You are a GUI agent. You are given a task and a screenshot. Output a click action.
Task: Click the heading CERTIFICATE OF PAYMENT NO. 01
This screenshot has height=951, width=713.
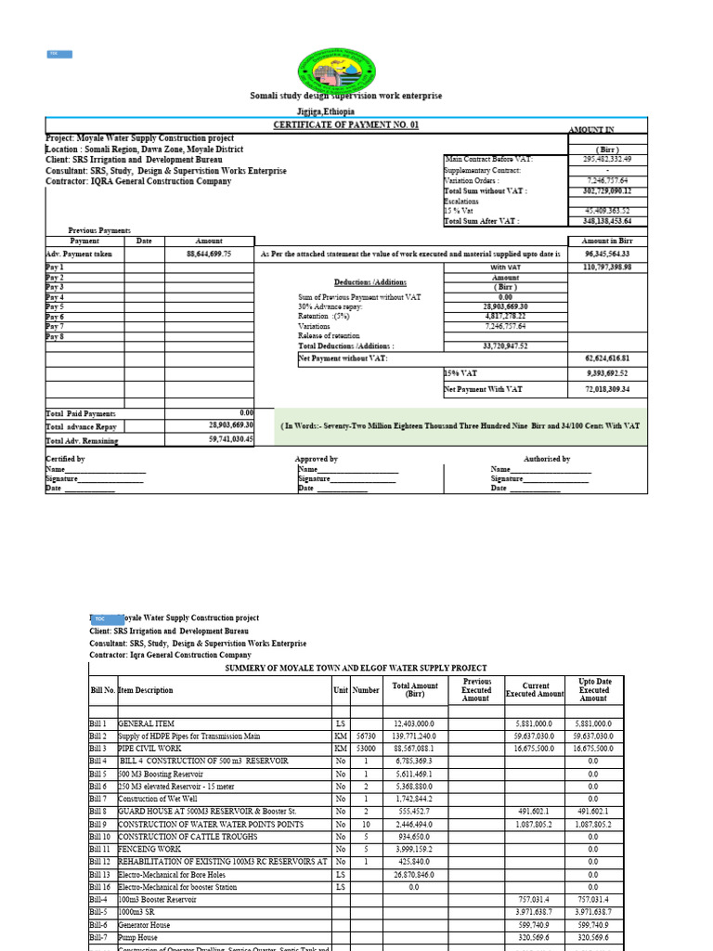coord(345,124)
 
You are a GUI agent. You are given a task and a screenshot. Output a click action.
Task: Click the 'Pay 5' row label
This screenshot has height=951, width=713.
coord(55,306)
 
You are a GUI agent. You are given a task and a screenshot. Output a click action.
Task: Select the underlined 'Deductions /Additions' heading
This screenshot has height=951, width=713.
coord(370,281)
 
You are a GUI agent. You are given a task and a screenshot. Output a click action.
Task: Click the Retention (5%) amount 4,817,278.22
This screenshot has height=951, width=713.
coord(505,317)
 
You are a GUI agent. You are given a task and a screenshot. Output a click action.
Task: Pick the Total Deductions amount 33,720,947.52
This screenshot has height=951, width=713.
coord(505,345)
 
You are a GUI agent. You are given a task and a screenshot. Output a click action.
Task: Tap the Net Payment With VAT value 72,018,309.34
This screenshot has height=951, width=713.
coord(608,390)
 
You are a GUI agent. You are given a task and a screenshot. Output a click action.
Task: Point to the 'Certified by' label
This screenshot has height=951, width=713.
coord(65,459)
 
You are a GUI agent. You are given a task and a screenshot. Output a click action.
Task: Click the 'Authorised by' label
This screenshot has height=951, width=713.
coord(547,459)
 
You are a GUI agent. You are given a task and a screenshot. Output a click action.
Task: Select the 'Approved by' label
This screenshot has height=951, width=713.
coord(316,459)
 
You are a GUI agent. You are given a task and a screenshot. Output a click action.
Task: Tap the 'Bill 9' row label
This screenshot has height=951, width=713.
coord(99,824)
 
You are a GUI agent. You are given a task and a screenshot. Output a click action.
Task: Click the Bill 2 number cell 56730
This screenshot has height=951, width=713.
coord(366,736)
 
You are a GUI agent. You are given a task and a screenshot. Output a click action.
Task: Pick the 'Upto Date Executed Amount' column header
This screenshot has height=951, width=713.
coord(593,690)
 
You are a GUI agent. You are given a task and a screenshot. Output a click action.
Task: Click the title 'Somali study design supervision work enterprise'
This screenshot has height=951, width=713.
coord(346,96)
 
